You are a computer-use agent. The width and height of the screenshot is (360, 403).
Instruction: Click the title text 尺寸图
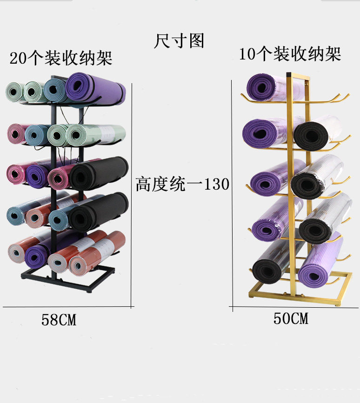pyautogui.click(x=179, y=41)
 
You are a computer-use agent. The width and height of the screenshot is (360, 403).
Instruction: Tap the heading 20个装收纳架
pyautogui.click(x=61, y=58)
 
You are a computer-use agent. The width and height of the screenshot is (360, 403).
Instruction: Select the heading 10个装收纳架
pyautogui.click(x=290, y=54)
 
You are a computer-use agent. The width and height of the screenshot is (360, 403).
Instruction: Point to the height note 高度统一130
pyautogui.click(x=182, y=184)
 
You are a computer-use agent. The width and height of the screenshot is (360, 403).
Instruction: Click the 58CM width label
pyautogui.click(x=59, y=320)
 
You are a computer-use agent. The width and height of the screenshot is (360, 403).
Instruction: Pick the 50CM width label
pyautogui.click(x=291, y=318)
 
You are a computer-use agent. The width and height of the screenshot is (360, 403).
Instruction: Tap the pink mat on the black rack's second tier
pyautogui.click(x=16, y=134)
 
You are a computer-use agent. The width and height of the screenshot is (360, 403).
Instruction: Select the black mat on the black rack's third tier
pyautogui.click(x=99, y=173)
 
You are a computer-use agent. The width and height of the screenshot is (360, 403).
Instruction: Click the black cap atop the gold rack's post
pyautogui.click(x=288, y=74)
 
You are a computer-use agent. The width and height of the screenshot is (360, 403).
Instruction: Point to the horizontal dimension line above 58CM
pyautogui.click(x=68, y=307)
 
